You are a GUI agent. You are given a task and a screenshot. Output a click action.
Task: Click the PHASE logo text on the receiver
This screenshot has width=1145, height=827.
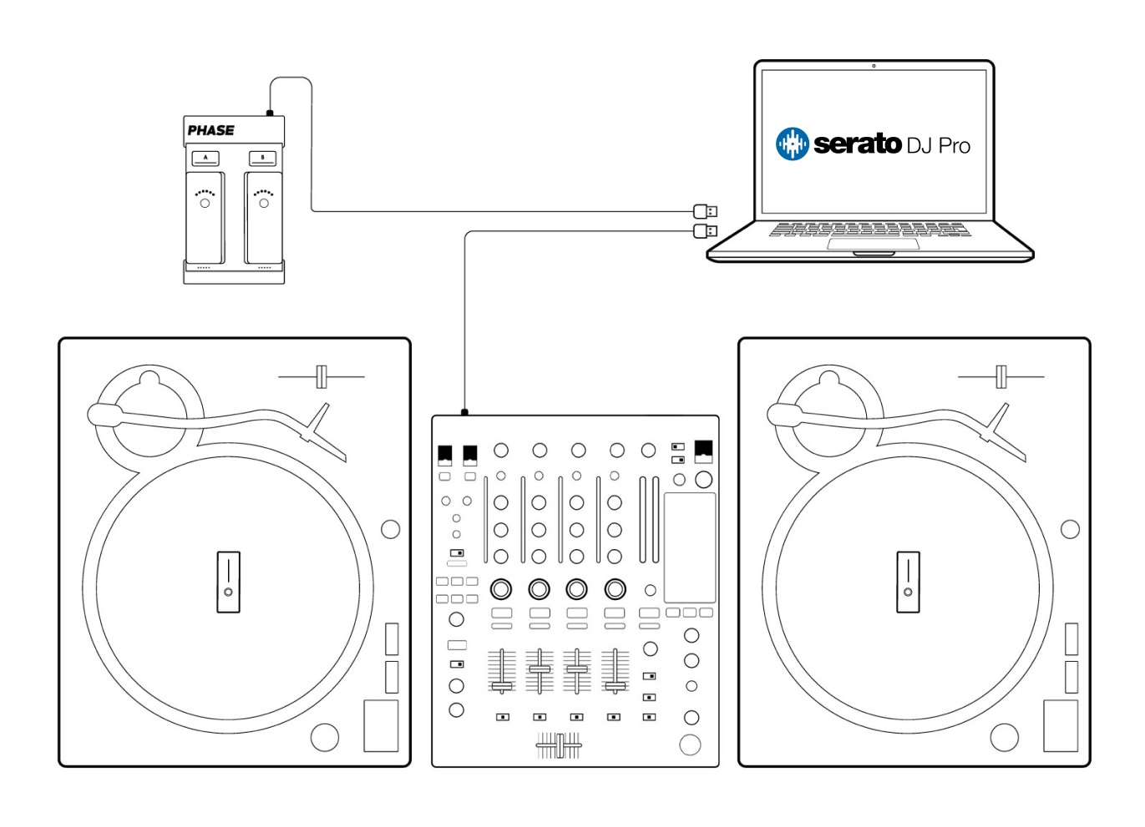point(210,130)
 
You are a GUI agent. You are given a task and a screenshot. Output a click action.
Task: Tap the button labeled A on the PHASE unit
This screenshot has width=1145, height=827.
point(205,158)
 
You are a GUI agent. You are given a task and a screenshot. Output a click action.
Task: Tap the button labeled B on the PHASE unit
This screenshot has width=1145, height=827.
point(262,158)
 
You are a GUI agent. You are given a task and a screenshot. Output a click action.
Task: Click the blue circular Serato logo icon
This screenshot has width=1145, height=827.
point(792,144)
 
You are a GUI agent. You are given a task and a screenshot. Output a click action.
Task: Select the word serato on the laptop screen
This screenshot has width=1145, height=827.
point(857,144)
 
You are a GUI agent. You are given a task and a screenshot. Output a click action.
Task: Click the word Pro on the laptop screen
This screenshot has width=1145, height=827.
point(955,146)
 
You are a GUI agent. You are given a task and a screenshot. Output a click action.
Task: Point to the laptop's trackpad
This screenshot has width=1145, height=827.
point(873,244)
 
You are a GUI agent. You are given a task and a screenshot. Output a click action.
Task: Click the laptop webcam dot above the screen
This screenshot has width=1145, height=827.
point(874,66)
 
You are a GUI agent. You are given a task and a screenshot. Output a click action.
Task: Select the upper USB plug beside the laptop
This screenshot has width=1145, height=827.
point(706,211)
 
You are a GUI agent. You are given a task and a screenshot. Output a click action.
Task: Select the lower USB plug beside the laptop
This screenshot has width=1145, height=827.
point(706,231)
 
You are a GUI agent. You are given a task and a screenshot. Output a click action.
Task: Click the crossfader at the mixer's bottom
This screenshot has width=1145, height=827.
point(560,746)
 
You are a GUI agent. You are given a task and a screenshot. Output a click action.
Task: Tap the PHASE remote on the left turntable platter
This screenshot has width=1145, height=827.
point(229,582)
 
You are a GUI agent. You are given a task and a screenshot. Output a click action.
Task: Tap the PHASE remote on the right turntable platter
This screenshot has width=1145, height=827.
point(908,582)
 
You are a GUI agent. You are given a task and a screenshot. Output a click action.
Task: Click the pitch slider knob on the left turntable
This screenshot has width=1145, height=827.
point(321,377)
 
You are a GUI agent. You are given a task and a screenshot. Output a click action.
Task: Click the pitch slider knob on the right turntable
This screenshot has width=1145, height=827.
point(1001,377)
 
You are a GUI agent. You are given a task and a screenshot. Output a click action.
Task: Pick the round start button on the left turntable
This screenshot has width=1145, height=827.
point(325,738)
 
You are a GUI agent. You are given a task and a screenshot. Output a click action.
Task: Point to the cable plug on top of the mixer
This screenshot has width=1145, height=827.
point(464,412)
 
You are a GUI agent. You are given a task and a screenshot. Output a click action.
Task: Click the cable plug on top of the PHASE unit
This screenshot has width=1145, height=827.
point(270,113)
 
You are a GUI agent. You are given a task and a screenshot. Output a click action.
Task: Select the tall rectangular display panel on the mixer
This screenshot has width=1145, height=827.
point(690,547)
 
